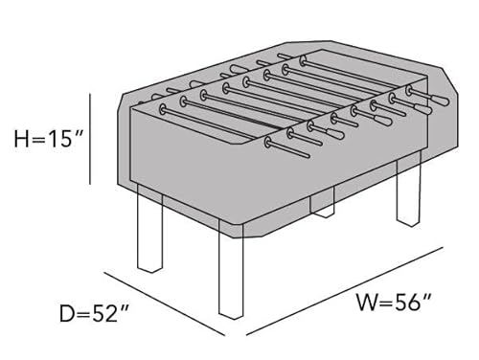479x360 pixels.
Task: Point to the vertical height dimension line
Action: point(91,139)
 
